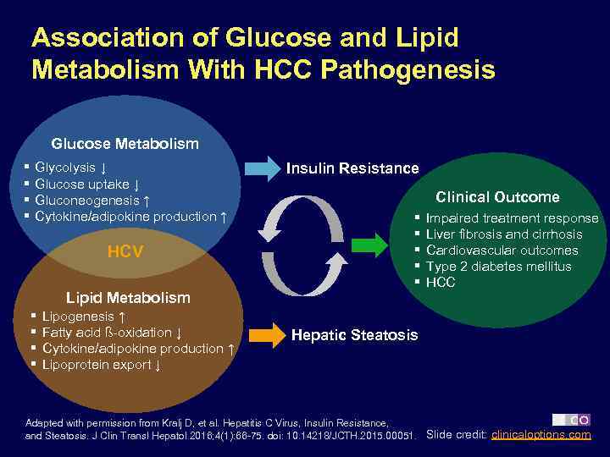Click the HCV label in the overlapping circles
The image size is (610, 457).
pyautogui.click(x=125, y=252)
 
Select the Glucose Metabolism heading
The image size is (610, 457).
pyautogui.click(x=125, y=144)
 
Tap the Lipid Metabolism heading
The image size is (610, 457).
pyautogui.click(x=128, y=297)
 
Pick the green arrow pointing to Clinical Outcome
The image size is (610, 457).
pyautogui.click(x=368, y=247)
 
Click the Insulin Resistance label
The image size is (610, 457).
pyautogui.click(x=352, y=168)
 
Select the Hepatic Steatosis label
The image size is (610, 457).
pyautogui.click(x=354, y=335)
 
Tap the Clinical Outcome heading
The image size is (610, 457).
pyautogui.click(x=497, y=197)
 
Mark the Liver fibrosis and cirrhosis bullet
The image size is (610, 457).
pyautogui.click(x=503, y=234)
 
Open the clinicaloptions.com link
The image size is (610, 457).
pyautogui.click(x=541, y=435)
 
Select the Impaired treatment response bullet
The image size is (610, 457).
pyautogui.click(x=512, y=218)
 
